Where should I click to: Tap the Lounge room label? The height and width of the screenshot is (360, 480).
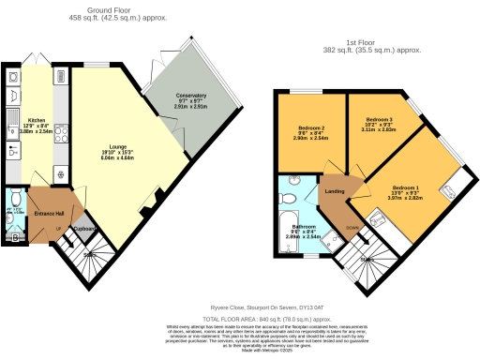[98, 147]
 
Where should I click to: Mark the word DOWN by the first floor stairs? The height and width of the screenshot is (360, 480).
[351, 227]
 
